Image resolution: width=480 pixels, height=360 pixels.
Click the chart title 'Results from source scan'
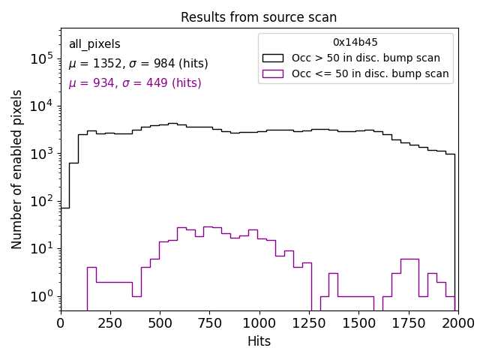[259, 17]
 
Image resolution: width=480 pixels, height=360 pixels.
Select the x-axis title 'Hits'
[259, 342]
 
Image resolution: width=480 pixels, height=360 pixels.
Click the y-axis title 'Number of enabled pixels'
[17, 169]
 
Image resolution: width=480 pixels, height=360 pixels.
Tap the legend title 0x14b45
[355, 43]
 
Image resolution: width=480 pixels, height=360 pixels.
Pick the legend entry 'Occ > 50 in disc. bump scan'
[366, 58]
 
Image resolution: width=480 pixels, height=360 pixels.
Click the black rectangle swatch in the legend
[273, 58]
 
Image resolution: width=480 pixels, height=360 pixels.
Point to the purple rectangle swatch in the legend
[273, 73]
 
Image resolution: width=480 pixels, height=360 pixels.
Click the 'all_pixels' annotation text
[94, 44]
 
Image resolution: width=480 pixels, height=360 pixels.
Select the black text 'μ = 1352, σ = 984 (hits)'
[138, 64]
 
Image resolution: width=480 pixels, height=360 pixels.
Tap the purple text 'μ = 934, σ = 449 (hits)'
[135, 83]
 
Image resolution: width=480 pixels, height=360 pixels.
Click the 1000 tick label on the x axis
[259, 323]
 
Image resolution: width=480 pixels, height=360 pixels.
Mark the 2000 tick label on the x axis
[457, 323]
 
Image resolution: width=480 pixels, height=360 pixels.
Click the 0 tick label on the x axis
[61, 323]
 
